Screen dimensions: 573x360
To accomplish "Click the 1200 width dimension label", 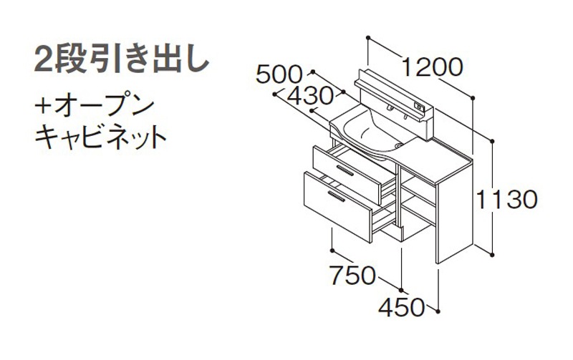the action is coord(433,67).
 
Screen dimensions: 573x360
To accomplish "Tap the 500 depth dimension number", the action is coord(279,75).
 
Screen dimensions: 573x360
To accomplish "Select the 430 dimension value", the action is coord(311,97).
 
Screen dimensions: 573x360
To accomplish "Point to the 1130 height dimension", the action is coord(507,200).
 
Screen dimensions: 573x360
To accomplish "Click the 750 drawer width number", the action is coord(352,275).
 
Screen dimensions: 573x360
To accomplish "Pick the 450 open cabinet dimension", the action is coord(402,308).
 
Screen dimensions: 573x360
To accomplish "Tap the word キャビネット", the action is coord(100,136).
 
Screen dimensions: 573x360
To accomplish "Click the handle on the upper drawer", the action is coord(345,170).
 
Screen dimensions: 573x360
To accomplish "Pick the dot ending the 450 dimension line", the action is coord(438,311).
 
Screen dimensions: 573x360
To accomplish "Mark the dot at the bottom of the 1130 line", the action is coord(492,254).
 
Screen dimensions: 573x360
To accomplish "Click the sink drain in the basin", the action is coord(398,146).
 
